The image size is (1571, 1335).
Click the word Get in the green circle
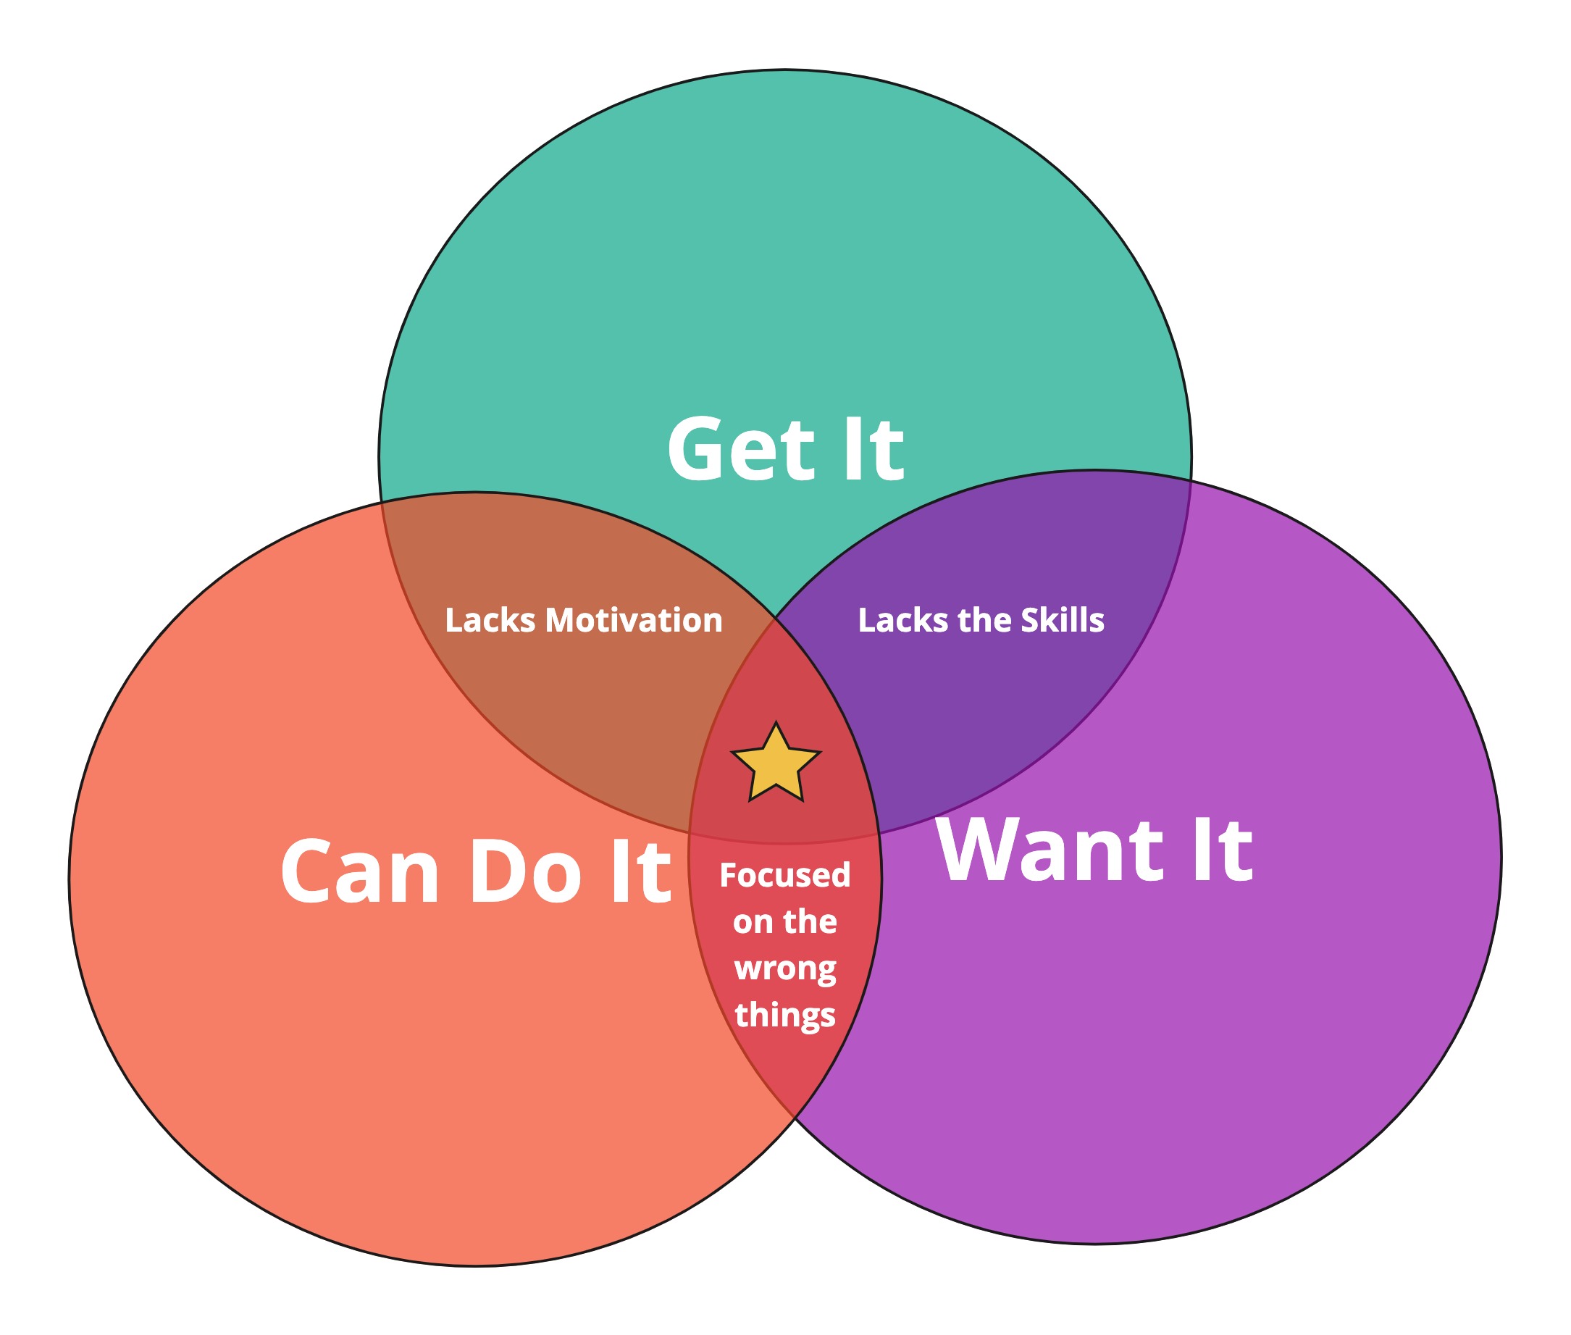(x=741, y=450)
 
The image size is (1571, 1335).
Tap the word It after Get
(x=874, y=450)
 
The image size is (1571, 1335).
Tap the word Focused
(x=784, y=875)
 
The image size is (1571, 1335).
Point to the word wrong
(x=784, y=968)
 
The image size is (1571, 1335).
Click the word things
(x=784, y=1016)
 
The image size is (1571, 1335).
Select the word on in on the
(x=753, y=922)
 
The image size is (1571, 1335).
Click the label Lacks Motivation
(x=584, y=620)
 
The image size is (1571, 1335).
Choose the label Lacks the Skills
(x=981, y=620)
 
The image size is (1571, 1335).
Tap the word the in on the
(x=810, y=922)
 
